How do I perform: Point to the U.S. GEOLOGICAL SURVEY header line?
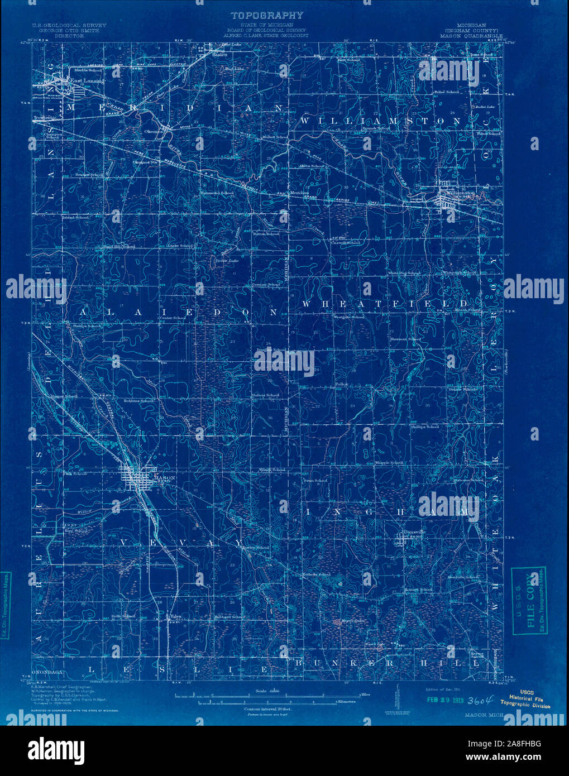(x=69, y=26)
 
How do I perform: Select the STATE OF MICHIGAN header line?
(x=274, y=26)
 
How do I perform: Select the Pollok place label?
(x=342, y=385)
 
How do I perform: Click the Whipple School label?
(x=389, y=463)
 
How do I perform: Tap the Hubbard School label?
(x=229, y=616)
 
